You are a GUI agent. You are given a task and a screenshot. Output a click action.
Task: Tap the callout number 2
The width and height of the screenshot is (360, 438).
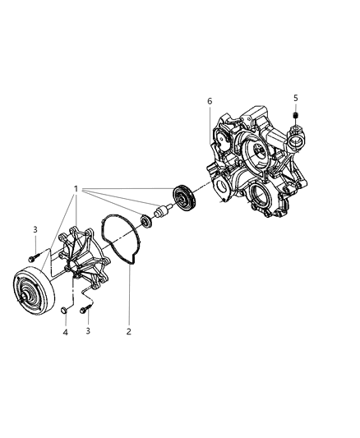(127, 332)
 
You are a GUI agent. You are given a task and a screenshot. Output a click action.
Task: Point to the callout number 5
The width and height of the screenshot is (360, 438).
(295, 98)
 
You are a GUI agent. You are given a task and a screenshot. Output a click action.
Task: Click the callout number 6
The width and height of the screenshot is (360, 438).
(210, 101)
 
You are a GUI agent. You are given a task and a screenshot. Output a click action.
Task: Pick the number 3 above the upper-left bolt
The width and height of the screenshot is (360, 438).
(35, 229)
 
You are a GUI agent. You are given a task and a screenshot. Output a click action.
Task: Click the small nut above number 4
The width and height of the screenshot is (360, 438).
(63, 310)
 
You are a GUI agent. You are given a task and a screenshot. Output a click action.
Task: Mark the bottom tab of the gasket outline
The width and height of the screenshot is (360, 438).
(131, 262)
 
